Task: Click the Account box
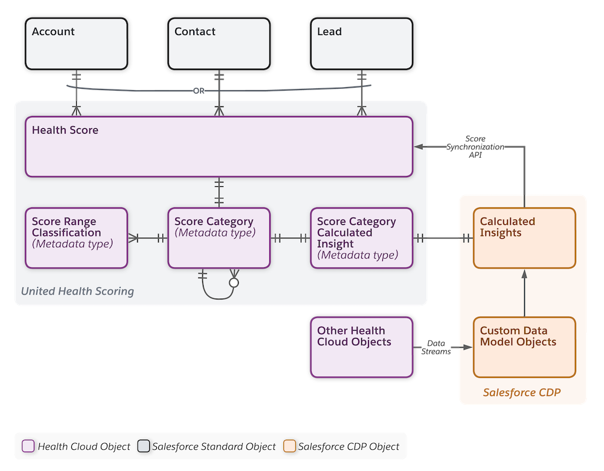tap(76, 44)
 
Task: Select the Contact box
tap(218, 44)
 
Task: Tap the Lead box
tap(361, 44)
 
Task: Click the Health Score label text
tap(65, 130)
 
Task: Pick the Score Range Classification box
tap(76, 238)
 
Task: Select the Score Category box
tap(219, 238)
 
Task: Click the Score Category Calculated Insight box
tap(361, 238)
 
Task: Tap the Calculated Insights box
tap(524, 238)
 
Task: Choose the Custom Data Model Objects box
tap(524, 346)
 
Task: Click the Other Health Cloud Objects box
tap(361, 346)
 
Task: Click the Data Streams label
tap(436, 347)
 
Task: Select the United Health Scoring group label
tap(77, 291)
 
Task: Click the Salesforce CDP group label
tap(521, 392)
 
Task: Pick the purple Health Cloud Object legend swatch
tap(28, 446)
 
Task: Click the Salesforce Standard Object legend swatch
tap(143, 446)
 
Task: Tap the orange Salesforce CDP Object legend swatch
tap(289, 446)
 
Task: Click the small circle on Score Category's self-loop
tap(234, 282)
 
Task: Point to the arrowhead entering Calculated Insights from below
tap(524, 274)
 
